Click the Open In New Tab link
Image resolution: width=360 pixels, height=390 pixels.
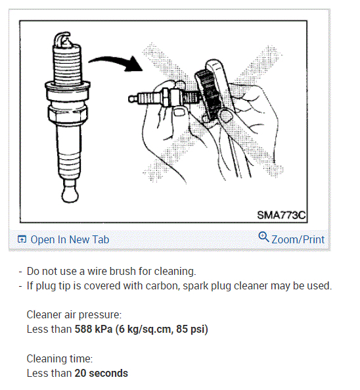(70, 239)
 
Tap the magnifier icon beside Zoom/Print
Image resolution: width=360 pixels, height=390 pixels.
(264, 238)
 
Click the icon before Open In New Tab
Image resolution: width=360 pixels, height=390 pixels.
(22, 240)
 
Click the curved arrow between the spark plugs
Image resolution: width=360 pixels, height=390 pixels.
(116, 62)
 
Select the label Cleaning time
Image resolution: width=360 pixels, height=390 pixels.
(59, 359)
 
